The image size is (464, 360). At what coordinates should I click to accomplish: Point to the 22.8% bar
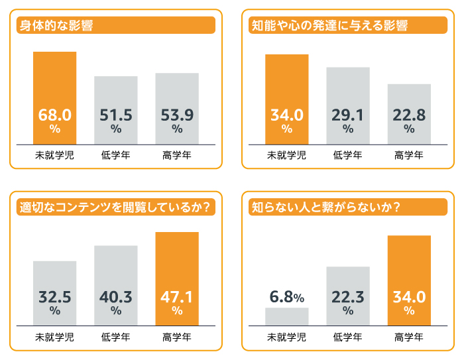coord(409,113)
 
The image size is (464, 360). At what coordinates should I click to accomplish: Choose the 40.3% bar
coord(116,286)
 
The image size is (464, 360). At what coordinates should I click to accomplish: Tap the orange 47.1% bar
coord(177,278)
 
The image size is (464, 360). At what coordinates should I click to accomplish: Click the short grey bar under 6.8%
coord(286,316)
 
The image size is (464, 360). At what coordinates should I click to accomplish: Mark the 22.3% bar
coord(348,296)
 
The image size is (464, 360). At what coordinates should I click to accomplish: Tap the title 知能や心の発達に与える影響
coord(329,26)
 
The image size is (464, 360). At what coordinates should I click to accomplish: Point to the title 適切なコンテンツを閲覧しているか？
coord(115,208)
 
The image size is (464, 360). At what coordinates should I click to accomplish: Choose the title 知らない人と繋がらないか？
coord(325,208)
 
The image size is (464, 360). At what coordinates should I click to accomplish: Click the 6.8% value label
coord(286,298)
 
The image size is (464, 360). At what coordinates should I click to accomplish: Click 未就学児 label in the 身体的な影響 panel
coord(54,156)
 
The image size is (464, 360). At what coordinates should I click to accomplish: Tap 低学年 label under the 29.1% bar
coord(348,156)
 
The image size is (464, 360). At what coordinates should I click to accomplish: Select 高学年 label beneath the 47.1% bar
coord(177,337)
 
